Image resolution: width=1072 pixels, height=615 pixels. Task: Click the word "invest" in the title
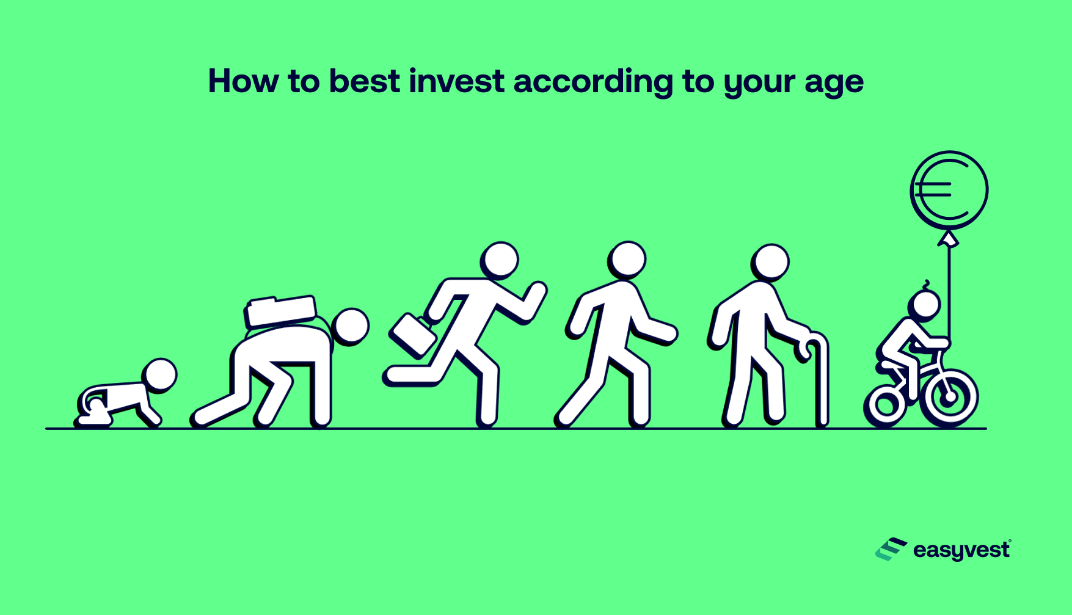(456, 81)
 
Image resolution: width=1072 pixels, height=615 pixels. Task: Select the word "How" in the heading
(243, 81)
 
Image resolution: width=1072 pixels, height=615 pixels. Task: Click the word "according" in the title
(593, 82)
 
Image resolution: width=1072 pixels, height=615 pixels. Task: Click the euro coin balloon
(949, 190)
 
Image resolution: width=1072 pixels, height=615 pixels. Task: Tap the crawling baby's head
(160, 375)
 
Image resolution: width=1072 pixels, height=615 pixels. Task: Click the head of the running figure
(500, 260)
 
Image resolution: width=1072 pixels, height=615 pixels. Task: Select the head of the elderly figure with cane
(771, 263)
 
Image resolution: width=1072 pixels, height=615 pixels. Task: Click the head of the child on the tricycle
(925, 305)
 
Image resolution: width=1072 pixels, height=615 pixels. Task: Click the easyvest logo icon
(891, 549)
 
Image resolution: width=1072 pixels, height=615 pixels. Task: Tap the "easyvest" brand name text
(961, 550)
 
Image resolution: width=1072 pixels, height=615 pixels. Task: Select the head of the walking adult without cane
(627, 259)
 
